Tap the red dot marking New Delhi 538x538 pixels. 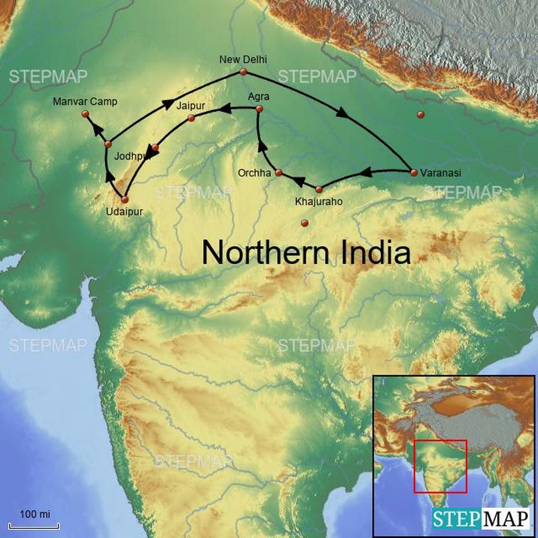(x=244, y=72)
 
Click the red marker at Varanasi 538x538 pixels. (x=414, y=172)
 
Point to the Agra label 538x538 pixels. (x=258, y=97)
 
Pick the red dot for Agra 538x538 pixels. (x=259, y=109)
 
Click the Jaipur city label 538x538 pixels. (x=191, y=105)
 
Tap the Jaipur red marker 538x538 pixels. (x=191, y=119)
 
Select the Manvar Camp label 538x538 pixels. (x=84, y=102)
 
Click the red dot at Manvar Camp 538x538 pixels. (x=86, y=115)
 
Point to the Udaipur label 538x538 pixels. (x=124, y=212)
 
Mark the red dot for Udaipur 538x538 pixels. (x=124, y=200)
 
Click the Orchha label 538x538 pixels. (x=254, y=173)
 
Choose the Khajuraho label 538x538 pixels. (x=318, y=202)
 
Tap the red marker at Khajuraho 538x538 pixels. (x=319, y=189)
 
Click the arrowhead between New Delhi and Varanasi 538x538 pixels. (x=342, y=115)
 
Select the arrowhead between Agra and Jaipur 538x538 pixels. (x=227, y=108)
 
